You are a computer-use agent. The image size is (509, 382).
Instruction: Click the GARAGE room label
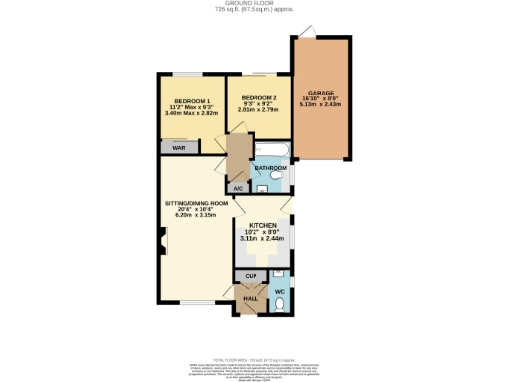[x=320, y=91]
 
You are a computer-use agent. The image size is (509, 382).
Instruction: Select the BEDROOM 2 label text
[x=257, y=98]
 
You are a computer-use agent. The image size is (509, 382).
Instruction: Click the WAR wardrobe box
[x=179, y=147]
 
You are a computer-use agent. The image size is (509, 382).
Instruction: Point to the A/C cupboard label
[x=238, y=188]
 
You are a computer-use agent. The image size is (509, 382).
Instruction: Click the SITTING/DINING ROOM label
[x=196, y=203]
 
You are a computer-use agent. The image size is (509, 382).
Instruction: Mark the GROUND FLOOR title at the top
[x=254, y=5]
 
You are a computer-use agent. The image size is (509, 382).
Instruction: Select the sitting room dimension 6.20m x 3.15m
[x=196, y=215]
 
